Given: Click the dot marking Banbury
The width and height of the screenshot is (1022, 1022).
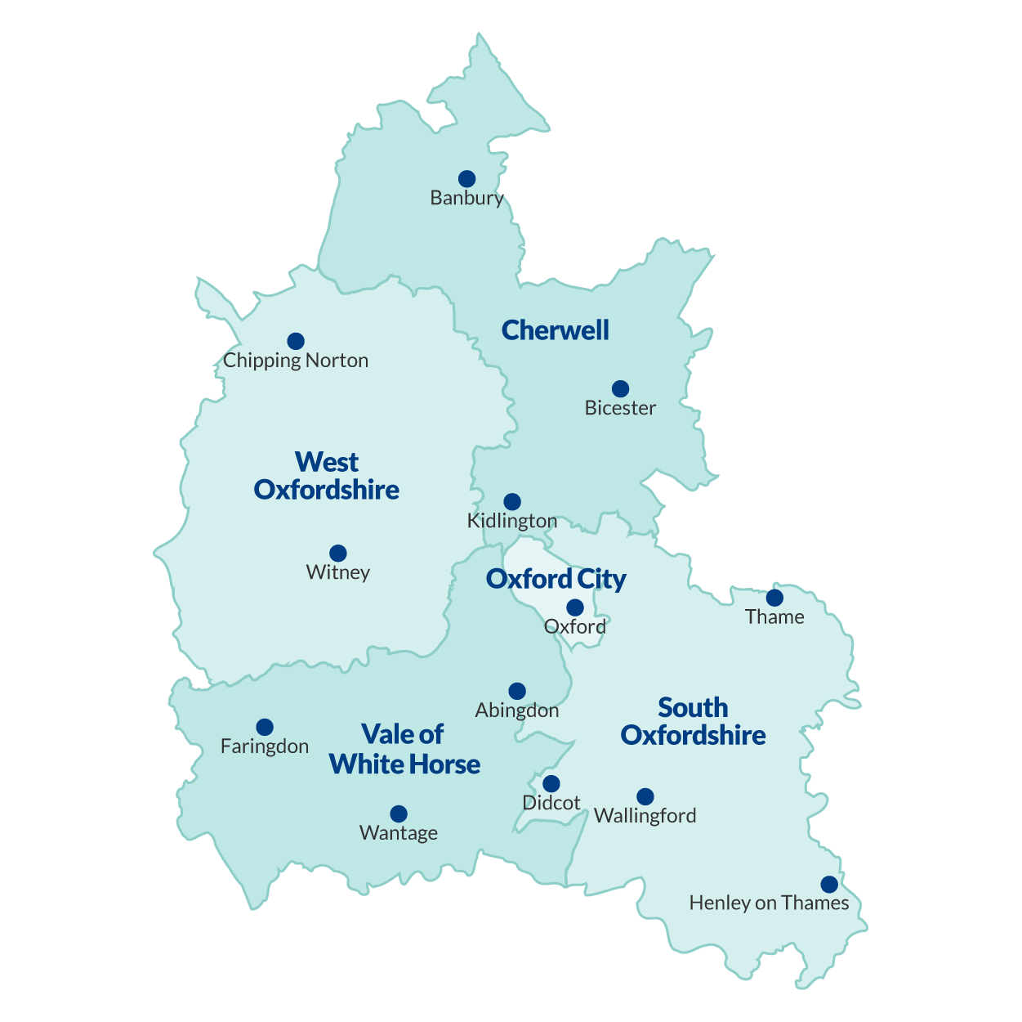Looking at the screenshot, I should [x=466, y=179].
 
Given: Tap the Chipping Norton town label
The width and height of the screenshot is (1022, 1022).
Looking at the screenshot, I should [x=296, y=361].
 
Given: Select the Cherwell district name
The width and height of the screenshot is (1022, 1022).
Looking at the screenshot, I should [x=556, y=330].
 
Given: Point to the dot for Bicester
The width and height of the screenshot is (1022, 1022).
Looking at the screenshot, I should [x=620, y=388].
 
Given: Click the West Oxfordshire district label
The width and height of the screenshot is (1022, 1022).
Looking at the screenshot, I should [x=327, y=476].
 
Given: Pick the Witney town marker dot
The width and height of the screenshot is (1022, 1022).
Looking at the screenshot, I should [x=338, y=554].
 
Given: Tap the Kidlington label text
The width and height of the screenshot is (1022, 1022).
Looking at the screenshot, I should [x=512, y=521].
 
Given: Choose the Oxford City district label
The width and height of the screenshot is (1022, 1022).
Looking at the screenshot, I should [x=556, y=580].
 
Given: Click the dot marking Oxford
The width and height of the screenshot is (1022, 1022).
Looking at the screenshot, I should [x=575, y=607].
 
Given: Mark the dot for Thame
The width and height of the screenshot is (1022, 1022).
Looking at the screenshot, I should [x=774, y=598].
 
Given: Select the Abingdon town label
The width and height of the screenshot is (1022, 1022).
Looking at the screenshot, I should [x=517, y=710].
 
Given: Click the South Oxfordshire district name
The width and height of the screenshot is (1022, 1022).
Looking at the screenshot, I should [x=694, y=721].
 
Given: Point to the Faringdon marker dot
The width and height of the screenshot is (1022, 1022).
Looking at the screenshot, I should [x=265, y=728].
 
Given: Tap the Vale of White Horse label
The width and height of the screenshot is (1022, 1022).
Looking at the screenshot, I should [x=404, y=750].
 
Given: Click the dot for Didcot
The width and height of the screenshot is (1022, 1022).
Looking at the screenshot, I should [x=551, y=784].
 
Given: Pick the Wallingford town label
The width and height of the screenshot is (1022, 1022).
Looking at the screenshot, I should [x=645, y=816].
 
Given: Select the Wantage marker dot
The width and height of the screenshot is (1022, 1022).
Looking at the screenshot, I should [x=399, y=814].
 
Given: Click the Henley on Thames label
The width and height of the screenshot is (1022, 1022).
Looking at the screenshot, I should [x=769, y=903].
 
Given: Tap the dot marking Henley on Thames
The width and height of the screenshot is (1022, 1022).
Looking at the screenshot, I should [x=829, y=885].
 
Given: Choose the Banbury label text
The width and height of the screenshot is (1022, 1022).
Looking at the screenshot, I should [x=466, y=198].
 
